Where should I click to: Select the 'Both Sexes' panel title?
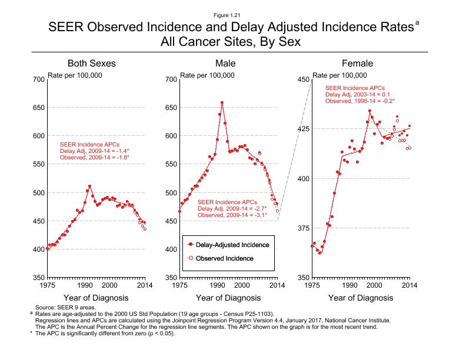(x=91, y=63)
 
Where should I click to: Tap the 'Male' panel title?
(x=225, y=63)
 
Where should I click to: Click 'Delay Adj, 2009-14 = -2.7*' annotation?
(x=232, y=208)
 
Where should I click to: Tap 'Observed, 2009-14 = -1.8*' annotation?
(x=95, y=156)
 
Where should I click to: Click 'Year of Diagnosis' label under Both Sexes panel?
(x=91, y=298)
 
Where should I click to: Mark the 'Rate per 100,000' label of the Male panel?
(x=207, y=75)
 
